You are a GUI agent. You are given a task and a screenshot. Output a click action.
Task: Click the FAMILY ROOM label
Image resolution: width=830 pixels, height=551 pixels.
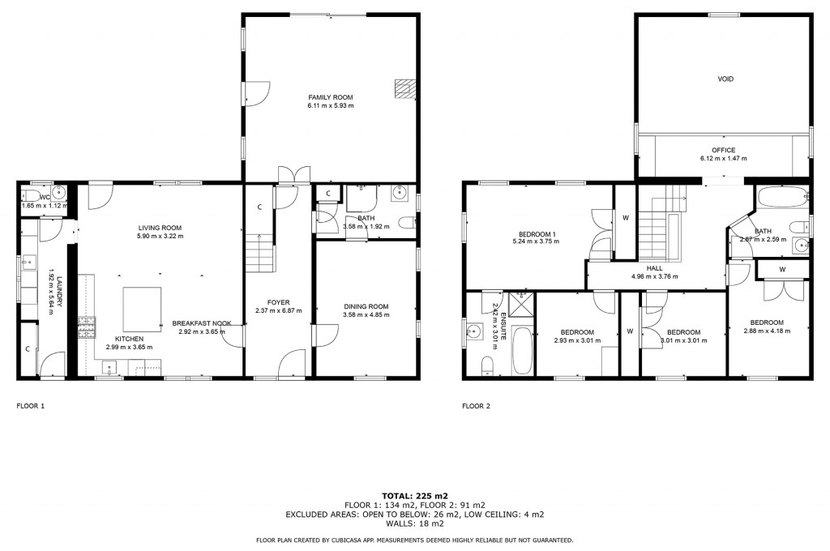click(x=330, y=97)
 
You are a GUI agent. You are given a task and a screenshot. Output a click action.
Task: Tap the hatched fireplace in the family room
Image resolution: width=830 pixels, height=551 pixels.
click(x=404, y=88)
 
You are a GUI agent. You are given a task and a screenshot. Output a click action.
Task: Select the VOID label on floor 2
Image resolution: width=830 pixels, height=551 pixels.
click(x=725, y=79)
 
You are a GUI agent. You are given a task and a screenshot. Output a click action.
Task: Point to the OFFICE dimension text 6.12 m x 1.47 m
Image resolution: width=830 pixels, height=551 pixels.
click(x=724, y=159)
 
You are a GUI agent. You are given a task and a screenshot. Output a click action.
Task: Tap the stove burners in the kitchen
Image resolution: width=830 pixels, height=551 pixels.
click(x=86, y=327)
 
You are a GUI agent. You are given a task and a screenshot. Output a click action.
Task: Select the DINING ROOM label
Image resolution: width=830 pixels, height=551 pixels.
click(x=365, y=306)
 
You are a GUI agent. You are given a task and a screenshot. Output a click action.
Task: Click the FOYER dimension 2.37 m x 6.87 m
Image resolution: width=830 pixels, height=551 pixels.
click(x=279, y=310)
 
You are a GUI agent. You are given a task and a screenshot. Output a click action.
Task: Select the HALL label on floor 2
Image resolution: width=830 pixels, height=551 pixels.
click(x=656, y=268)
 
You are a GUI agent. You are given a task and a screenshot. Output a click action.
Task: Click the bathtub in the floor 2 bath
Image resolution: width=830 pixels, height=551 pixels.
click(x=780, y=197)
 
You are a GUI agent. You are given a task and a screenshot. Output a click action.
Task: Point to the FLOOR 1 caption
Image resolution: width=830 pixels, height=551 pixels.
click(x=31, y=406)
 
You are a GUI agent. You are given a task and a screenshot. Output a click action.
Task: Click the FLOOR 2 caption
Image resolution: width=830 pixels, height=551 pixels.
click(x=476, y=406)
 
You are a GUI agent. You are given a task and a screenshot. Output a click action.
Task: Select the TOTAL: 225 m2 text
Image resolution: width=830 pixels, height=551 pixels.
click(x=414, y=495)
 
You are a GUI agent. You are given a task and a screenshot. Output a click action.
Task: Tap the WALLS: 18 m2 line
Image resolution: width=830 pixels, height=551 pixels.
click(x=414, y=523)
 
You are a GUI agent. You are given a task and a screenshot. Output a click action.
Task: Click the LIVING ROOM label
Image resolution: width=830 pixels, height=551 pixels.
click(x=160, y=228)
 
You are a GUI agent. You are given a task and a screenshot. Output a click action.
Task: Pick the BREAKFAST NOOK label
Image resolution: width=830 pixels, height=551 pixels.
click(x=202, y=323)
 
